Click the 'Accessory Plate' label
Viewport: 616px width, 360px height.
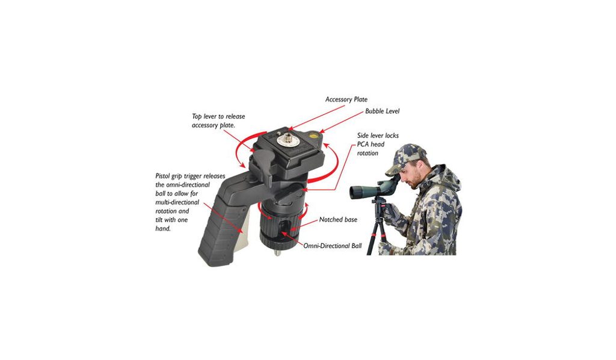click(346, 99)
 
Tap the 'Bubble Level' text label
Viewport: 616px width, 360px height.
click(382, 111)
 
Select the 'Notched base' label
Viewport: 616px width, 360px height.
click(338, 220)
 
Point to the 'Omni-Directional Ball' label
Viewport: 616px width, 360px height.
click(332, 246)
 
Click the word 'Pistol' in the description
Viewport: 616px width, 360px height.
click(164, 176)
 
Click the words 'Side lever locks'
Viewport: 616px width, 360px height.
click(378, 135)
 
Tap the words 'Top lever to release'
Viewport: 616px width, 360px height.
click(218, 116)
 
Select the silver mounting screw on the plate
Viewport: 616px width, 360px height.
click(283, 140)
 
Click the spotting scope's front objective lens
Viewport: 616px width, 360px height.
click(353, 192)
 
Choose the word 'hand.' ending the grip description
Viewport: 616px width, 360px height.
click(163, 229)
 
